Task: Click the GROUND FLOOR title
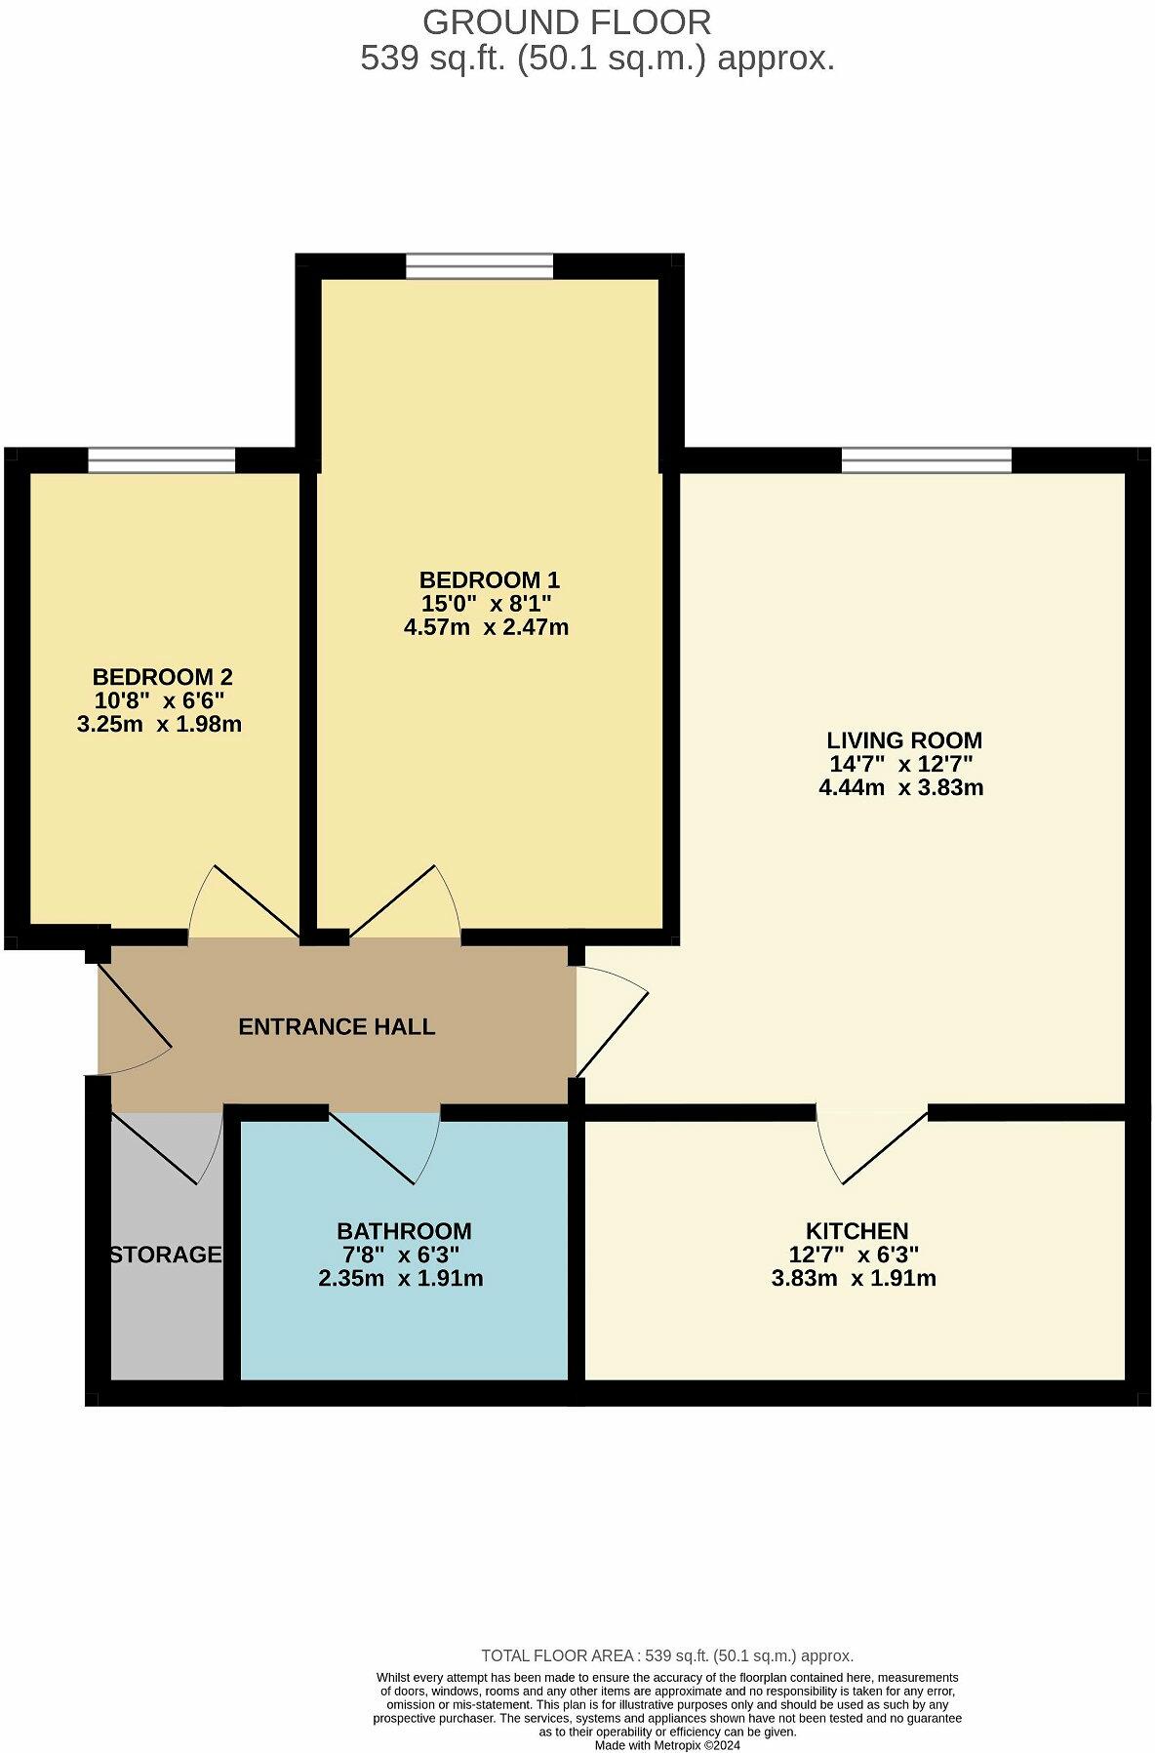566,21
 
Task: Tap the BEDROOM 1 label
489,580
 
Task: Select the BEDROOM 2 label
162,677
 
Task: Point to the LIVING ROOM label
903,740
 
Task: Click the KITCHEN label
856,1231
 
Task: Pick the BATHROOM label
404,1231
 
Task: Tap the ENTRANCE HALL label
337,1026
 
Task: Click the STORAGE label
166,1255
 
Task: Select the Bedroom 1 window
479,265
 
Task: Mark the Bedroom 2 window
161,459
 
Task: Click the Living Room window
926,459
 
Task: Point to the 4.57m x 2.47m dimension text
486,627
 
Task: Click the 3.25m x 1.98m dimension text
159,724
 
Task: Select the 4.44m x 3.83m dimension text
900,787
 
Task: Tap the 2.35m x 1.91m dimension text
400,1278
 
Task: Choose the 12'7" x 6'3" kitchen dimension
854,1255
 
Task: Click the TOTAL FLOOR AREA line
667,1655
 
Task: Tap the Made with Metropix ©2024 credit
667,1745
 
